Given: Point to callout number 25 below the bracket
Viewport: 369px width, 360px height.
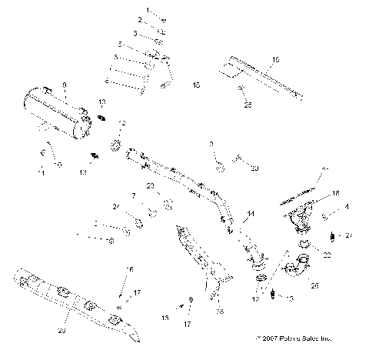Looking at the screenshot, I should pyautogui.click(x=247, y=105).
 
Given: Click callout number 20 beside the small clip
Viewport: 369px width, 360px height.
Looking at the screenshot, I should pyautogui.click(x=254, y=167).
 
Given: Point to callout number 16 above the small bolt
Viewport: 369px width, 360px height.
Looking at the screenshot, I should pyautogui.click(x=130, y=269).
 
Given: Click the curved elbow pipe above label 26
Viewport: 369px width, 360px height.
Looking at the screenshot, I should pyautogui.click(x=294, y=269).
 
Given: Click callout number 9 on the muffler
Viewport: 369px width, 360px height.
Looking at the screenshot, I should pyautogui.click(x=65, y=84).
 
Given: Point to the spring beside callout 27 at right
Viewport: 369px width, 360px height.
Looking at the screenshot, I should pyautogui.click(x=331, y=235).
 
